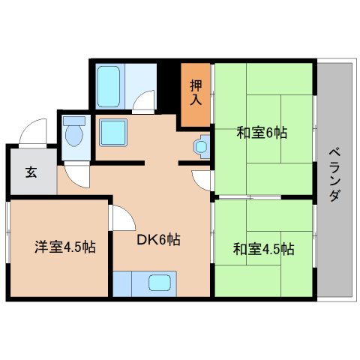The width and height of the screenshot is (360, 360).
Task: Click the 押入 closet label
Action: [x=195, y=91]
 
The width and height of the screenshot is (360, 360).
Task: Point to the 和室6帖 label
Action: [x=262, y=133]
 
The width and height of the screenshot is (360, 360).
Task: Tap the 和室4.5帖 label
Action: [x=262, y=249]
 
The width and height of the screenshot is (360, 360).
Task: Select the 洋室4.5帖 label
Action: [x=61, y=246]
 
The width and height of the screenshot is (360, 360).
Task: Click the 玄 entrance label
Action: [x=31, y=172]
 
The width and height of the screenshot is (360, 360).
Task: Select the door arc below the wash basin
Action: [x=201, y=180]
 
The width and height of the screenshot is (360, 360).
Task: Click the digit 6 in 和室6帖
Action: [x=272, y=133]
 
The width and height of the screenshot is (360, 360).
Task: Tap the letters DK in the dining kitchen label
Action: [x=145, y=240]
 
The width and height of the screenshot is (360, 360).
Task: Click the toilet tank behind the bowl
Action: [x=73, y=121]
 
